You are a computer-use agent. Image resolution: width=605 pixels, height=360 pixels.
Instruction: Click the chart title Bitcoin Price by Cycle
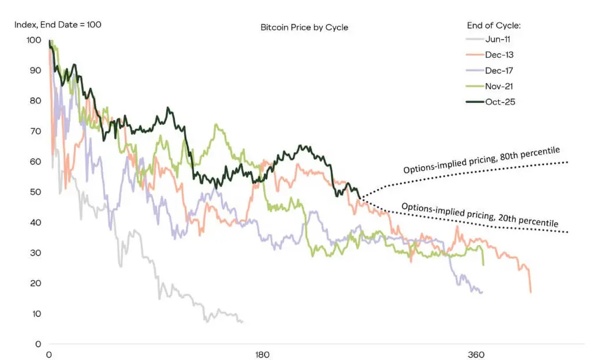(305, 27)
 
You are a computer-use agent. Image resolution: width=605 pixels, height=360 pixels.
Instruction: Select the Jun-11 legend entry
(488, 39)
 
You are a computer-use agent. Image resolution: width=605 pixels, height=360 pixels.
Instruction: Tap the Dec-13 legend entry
(489, 55)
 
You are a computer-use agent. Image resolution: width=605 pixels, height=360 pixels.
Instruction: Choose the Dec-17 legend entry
(489, 71)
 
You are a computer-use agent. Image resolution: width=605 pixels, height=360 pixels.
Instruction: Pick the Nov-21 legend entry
(489, 86)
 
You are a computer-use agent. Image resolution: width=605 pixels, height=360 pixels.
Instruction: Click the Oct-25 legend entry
(491, 102)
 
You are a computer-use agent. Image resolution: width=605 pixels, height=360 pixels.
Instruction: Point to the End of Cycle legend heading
(494, 26)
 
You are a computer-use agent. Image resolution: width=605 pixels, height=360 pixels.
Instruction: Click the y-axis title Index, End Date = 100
(58, 25)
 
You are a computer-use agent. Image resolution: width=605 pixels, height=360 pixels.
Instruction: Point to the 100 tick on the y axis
(34, 40)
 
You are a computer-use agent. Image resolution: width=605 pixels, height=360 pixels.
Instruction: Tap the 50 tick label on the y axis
(36, 192)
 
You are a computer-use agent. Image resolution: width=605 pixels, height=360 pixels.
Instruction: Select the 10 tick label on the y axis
(36, 314)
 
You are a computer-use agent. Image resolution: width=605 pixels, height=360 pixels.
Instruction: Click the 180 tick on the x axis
(263, 355)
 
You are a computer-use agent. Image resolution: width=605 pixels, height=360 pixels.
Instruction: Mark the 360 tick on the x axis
(475, 355)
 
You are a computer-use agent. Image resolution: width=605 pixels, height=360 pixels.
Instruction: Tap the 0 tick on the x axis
(49, 355)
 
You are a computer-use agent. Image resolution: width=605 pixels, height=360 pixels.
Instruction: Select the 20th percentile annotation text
(480, 215)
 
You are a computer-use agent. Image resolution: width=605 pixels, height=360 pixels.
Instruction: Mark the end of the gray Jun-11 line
(242, 322)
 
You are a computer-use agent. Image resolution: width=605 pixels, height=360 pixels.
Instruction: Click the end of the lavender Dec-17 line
(482, 292)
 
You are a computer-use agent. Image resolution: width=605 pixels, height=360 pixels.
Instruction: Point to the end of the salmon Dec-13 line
(531, 292)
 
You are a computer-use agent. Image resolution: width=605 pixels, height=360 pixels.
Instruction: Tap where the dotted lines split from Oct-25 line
(361, 198)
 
